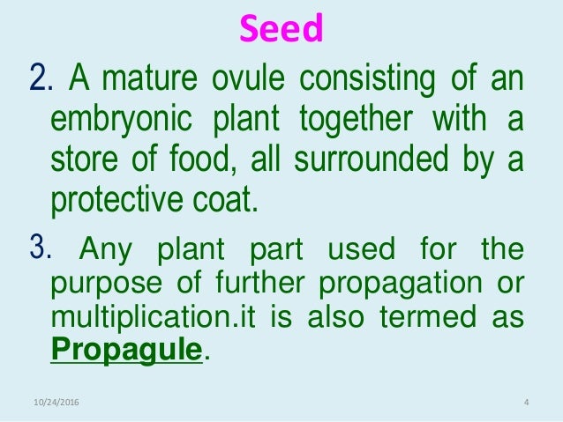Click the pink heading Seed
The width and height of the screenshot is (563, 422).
click(x=282, y=31)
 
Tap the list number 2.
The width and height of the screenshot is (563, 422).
click(x=40, y=83)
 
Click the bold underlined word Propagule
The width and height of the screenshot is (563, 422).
click(x=127, y=351)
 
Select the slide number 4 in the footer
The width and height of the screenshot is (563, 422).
click(x=526, y=404)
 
